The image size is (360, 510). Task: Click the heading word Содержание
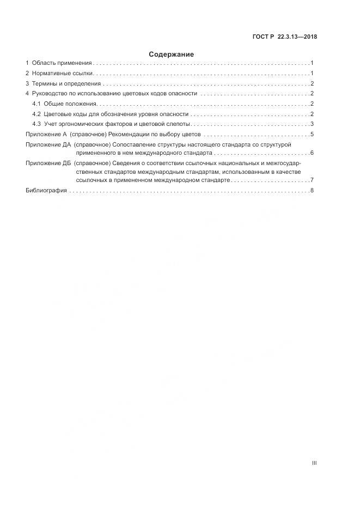pos(171,54)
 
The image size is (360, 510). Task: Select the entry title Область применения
pos(62,63)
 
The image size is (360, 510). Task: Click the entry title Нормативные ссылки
pos(63,73)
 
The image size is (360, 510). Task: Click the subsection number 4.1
pos(36,104)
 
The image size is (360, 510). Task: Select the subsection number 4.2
pos(36,114)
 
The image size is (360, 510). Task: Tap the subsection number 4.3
pos(36,124)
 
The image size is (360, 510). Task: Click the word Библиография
pos(46,190)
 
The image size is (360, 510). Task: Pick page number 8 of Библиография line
pos(312,190)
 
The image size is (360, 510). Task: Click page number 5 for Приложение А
pos(312,134)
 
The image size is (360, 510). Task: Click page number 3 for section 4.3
pos(312,124)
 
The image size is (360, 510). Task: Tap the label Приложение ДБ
pos(48,163)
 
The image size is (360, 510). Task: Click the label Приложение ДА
pos(48,144)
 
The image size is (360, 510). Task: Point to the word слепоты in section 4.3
pos(176,124)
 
